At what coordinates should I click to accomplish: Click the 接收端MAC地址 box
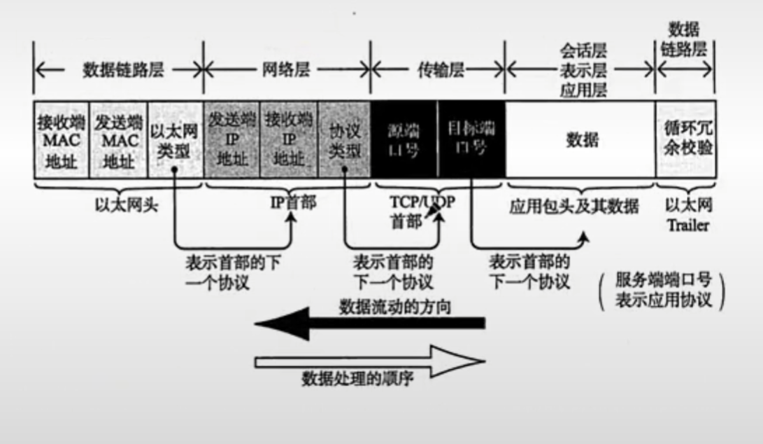click(62, 139)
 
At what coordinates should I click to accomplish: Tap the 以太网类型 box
click(176, 139)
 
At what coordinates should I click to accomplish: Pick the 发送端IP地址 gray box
click(231, 139)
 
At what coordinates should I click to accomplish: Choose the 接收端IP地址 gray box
click(288, 139)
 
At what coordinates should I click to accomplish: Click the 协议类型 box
click(344, 139)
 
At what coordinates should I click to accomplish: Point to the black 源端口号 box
click(404, 139)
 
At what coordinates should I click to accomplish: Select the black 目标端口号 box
click(470, 139)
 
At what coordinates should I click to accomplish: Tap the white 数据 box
click(580, 139)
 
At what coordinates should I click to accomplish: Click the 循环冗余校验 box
click(685, 139)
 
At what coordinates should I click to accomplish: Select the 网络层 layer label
click(287, 70)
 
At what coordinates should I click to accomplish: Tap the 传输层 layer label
click(436, 70)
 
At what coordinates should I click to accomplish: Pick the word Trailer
click(688, 226)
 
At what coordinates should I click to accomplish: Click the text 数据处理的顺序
click(358, 380)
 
